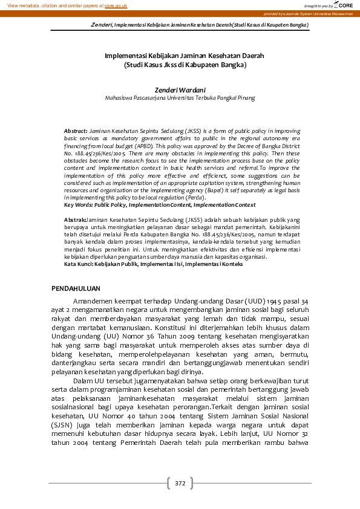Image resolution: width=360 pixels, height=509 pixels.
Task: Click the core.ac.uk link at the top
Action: click(x=116, y=5)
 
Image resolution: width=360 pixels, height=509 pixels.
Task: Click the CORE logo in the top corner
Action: click(x=344, y=5)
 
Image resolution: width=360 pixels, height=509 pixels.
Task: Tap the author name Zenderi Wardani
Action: click(x=180, y=89)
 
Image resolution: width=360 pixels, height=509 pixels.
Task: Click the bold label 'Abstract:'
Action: click(x=76, y=131)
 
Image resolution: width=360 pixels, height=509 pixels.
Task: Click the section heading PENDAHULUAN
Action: click(x=76, y=289)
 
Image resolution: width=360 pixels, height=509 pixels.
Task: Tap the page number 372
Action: click(x=180, y=483)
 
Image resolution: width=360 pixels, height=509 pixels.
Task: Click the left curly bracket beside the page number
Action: click(x=168, y=483)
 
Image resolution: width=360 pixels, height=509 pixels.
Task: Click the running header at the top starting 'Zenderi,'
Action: click(x=200, y=25)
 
